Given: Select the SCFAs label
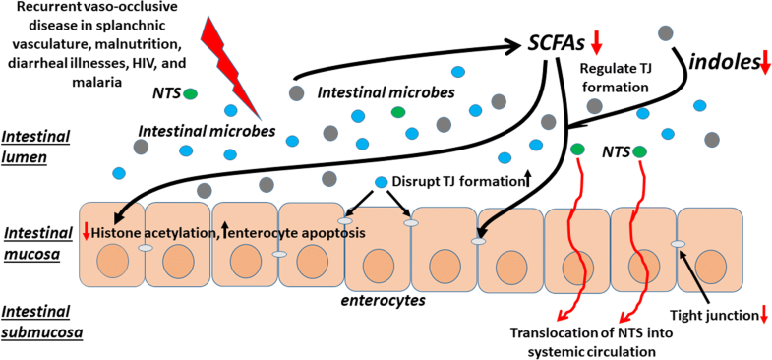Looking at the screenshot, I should [x=557, y=44].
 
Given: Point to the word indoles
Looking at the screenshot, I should [x=728, y=64].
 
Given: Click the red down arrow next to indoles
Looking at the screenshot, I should [x=765, y=64].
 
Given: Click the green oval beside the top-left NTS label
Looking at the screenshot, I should [x=190, y=93].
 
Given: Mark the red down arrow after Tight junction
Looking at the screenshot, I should [x=763, y=316].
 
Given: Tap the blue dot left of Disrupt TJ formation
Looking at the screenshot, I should [x=382, y=182].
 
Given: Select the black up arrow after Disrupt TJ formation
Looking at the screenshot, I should [x=526, y=179].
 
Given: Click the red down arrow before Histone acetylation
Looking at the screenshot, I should [x=87, y=231].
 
